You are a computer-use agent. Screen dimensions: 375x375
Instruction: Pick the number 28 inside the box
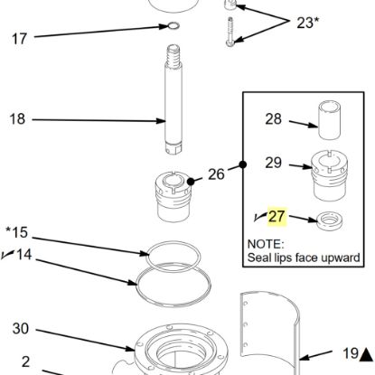[x=274, y=118]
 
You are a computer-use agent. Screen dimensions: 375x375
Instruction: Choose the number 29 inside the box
[x=274, y=164]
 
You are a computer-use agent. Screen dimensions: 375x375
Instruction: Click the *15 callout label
[x=17, y=233]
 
